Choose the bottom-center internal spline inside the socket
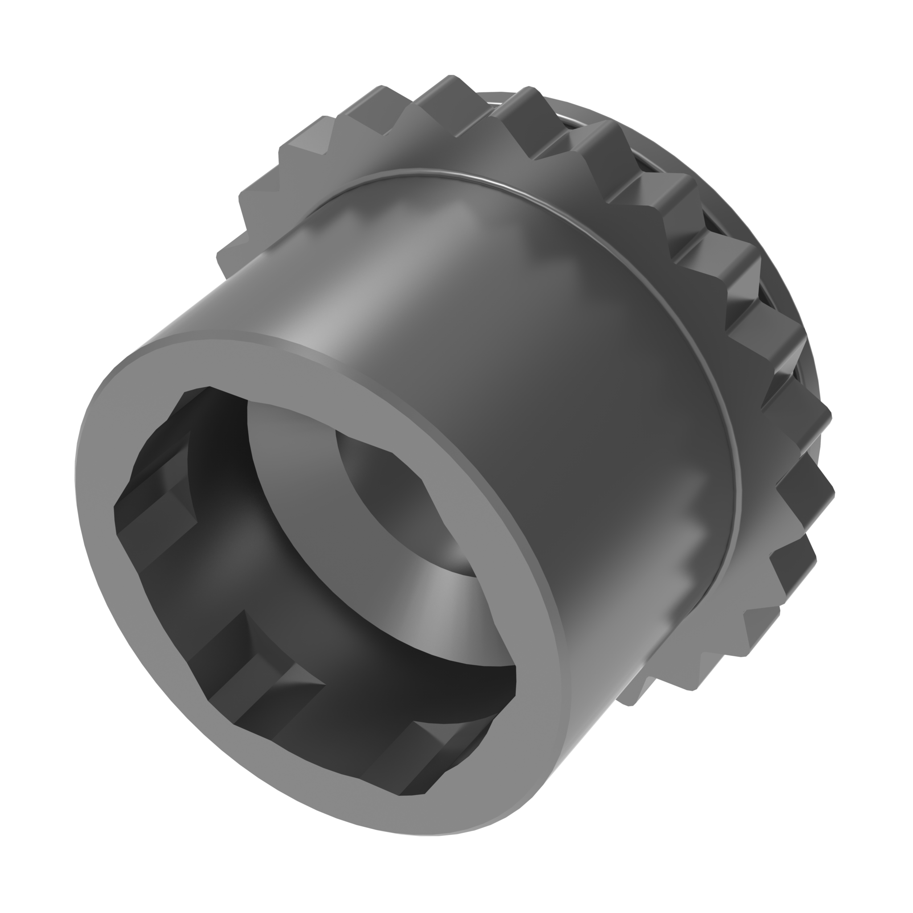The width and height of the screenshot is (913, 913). (x=265, y=671)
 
